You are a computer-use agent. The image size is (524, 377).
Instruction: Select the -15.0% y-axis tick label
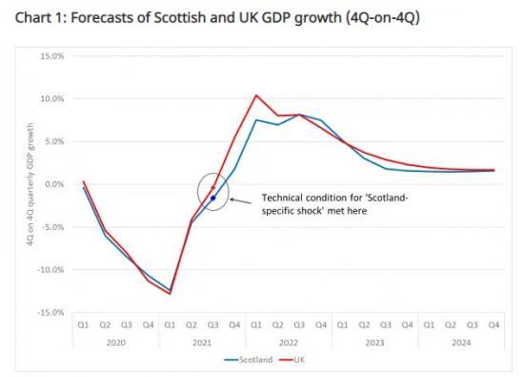(50, 313)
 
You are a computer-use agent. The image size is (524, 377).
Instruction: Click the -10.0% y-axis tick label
(50, 270)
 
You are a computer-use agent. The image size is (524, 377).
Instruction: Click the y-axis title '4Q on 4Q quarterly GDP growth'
(32, 183)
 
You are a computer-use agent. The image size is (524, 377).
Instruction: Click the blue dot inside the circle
(213, 199)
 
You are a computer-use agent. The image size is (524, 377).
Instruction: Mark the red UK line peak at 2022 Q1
(256, 95)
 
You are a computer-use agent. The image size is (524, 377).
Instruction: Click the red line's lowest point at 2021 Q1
(171, 294)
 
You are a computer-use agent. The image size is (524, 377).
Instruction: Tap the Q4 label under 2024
(494, 325)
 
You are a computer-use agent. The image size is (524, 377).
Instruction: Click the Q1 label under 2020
(84, 325)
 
